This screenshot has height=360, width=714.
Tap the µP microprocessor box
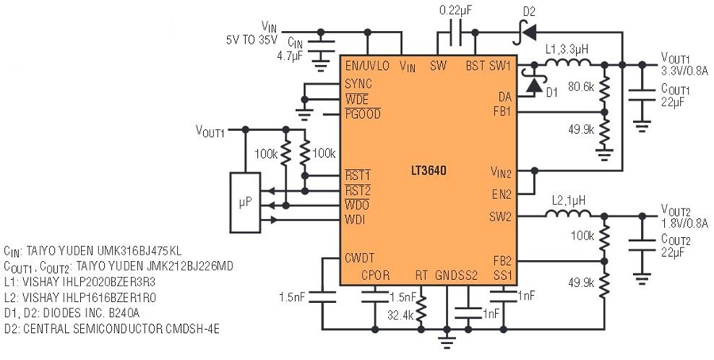[245, 202]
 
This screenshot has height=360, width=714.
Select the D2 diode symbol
[524, 33]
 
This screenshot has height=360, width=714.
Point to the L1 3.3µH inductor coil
[568, 62]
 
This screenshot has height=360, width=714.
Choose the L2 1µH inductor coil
[568, 213]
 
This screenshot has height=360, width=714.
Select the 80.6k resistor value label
[581, 86]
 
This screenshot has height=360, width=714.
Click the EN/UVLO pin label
[367, 66]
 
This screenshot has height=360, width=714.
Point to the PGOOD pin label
[363, 113]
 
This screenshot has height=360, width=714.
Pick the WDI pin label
[355, 220]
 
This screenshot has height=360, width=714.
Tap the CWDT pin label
[359, 258]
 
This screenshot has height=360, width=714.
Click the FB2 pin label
[503, 261]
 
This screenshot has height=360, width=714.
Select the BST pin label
[475, 66]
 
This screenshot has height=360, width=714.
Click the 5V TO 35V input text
[251, 40]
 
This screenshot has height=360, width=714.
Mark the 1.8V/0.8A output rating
[685, 224]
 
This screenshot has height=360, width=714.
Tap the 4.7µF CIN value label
[290, 57]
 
